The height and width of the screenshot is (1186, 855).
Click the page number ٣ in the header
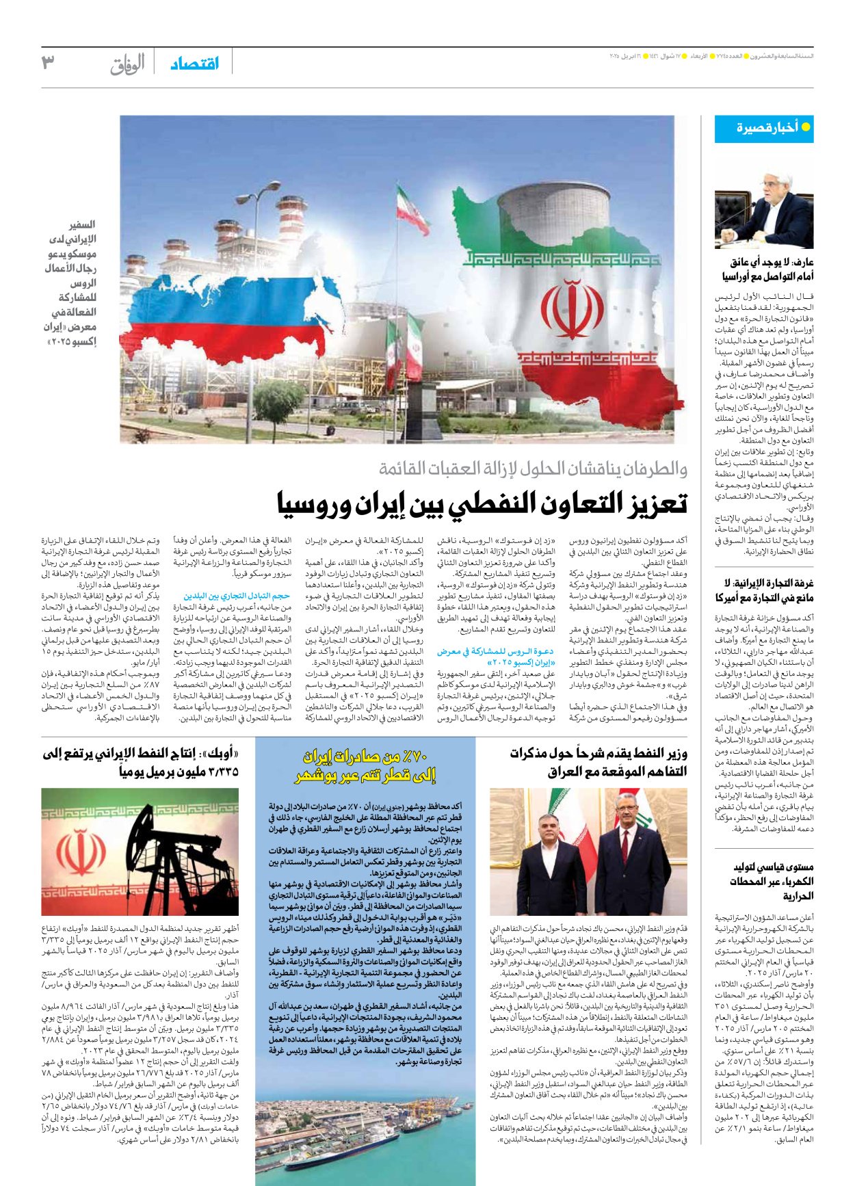click(x=48, y=62)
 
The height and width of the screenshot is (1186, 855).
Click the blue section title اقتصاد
click(x=195, y=63)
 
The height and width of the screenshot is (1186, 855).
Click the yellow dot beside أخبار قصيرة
click(x=806, y=127)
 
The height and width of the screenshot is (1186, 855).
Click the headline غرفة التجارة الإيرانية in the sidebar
click(x=764, y=590)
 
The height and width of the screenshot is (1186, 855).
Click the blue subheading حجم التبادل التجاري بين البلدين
click(x=237, y=596)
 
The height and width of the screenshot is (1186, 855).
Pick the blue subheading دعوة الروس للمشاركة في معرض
click(x=495, y=657)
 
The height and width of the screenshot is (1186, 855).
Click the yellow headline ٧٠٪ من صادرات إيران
click(x=365, y=765)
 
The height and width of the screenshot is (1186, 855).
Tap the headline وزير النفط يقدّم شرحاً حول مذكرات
click(x=598, y=762)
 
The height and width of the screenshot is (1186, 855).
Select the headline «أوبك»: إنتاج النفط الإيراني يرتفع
click(x=141, y=762)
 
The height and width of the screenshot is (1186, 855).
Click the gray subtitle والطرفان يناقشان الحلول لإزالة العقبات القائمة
click(x=533, y=469)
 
